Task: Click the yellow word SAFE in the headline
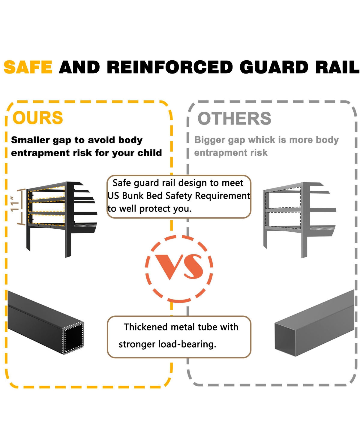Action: (28, 67)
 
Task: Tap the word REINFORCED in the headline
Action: (170, 67)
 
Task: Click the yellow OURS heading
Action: (38, 118)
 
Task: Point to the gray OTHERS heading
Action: (234, 119)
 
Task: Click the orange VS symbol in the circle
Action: (179, 266)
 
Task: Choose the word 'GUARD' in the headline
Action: (274, 67)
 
